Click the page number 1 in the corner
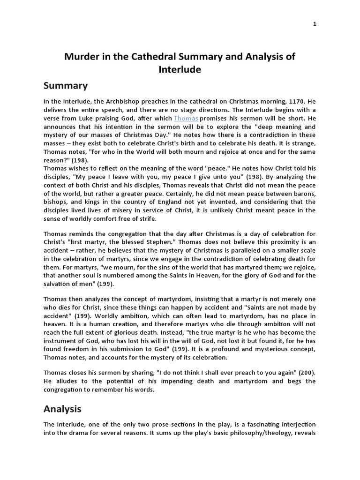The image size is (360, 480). [x=315, y=24]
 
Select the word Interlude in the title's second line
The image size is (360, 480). [x=180, y=70]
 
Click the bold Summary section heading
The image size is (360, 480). [x=66, y=86]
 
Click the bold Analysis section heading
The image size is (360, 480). [x=62, y=409]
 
